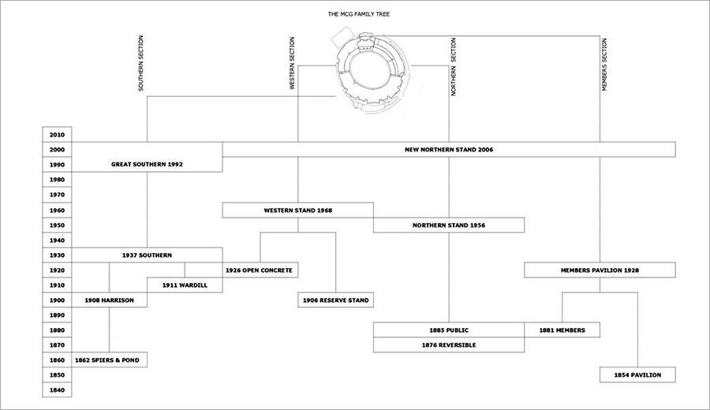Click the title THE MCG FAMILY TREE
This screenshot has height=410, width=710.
pyautogui.click(x=359, y=14)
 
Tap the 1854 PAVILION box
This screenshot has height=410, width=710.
pyautogui.click(x=637, y=375)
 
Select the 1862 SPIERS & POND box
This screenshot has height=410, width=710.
pyautogui.click(x=109, y=360)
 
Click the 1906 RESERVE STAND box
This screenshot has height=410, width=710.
pyautogui.click(x=335, y=300)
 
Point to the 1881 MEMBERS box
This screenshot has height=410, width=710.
pyautogui.click(x=562, y=330)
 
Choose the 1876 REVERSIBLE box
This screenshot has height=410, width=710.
pyautogui.click(x=449, y=345)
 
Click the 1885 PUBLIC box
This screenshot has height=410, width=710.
pyautogui.click(x=449, y=330)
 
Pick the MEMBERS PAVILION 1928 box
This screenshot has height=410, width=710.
pyautogui.click(x=600, y=270)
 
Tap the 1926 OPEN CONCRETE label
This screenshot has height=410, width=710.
pyautogui.click(x=259, y=270)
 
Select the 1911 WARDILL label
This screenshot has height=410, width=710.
pyautogui.click(x=185, y=285)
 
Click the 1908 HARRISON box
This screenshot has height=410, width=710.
pyautogui.click(x=109, y=300)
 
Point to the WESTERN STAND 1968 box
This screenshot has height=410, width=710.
pyautogui.click(x=298, y=210)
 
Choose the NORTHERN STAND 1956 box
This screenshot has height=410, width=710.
pyautogui.click(x=449, y=225)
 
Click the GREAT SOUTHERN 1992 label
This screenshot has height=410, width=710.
pyautogui.click(x=148, y=164)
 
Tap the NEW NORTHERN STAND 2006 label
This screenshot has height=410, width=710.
pyautogui.click(x=449, y=149)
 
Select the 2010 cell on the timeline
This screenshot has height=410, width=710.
pyautogui.click(x=57, y=134)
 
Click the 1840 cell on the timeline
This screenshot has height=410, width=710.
pyautogui.click(x=57, y=389)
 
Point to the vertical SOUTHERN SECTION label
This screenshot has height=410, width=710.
pyautogui.click(x=140, y=63)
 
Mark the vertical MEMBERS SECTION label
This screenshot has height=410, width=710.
pyautogui.click(x=604, y=65)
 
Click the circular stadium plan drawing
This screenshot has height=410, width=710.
pyautogui.click(x=371, y=70)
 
